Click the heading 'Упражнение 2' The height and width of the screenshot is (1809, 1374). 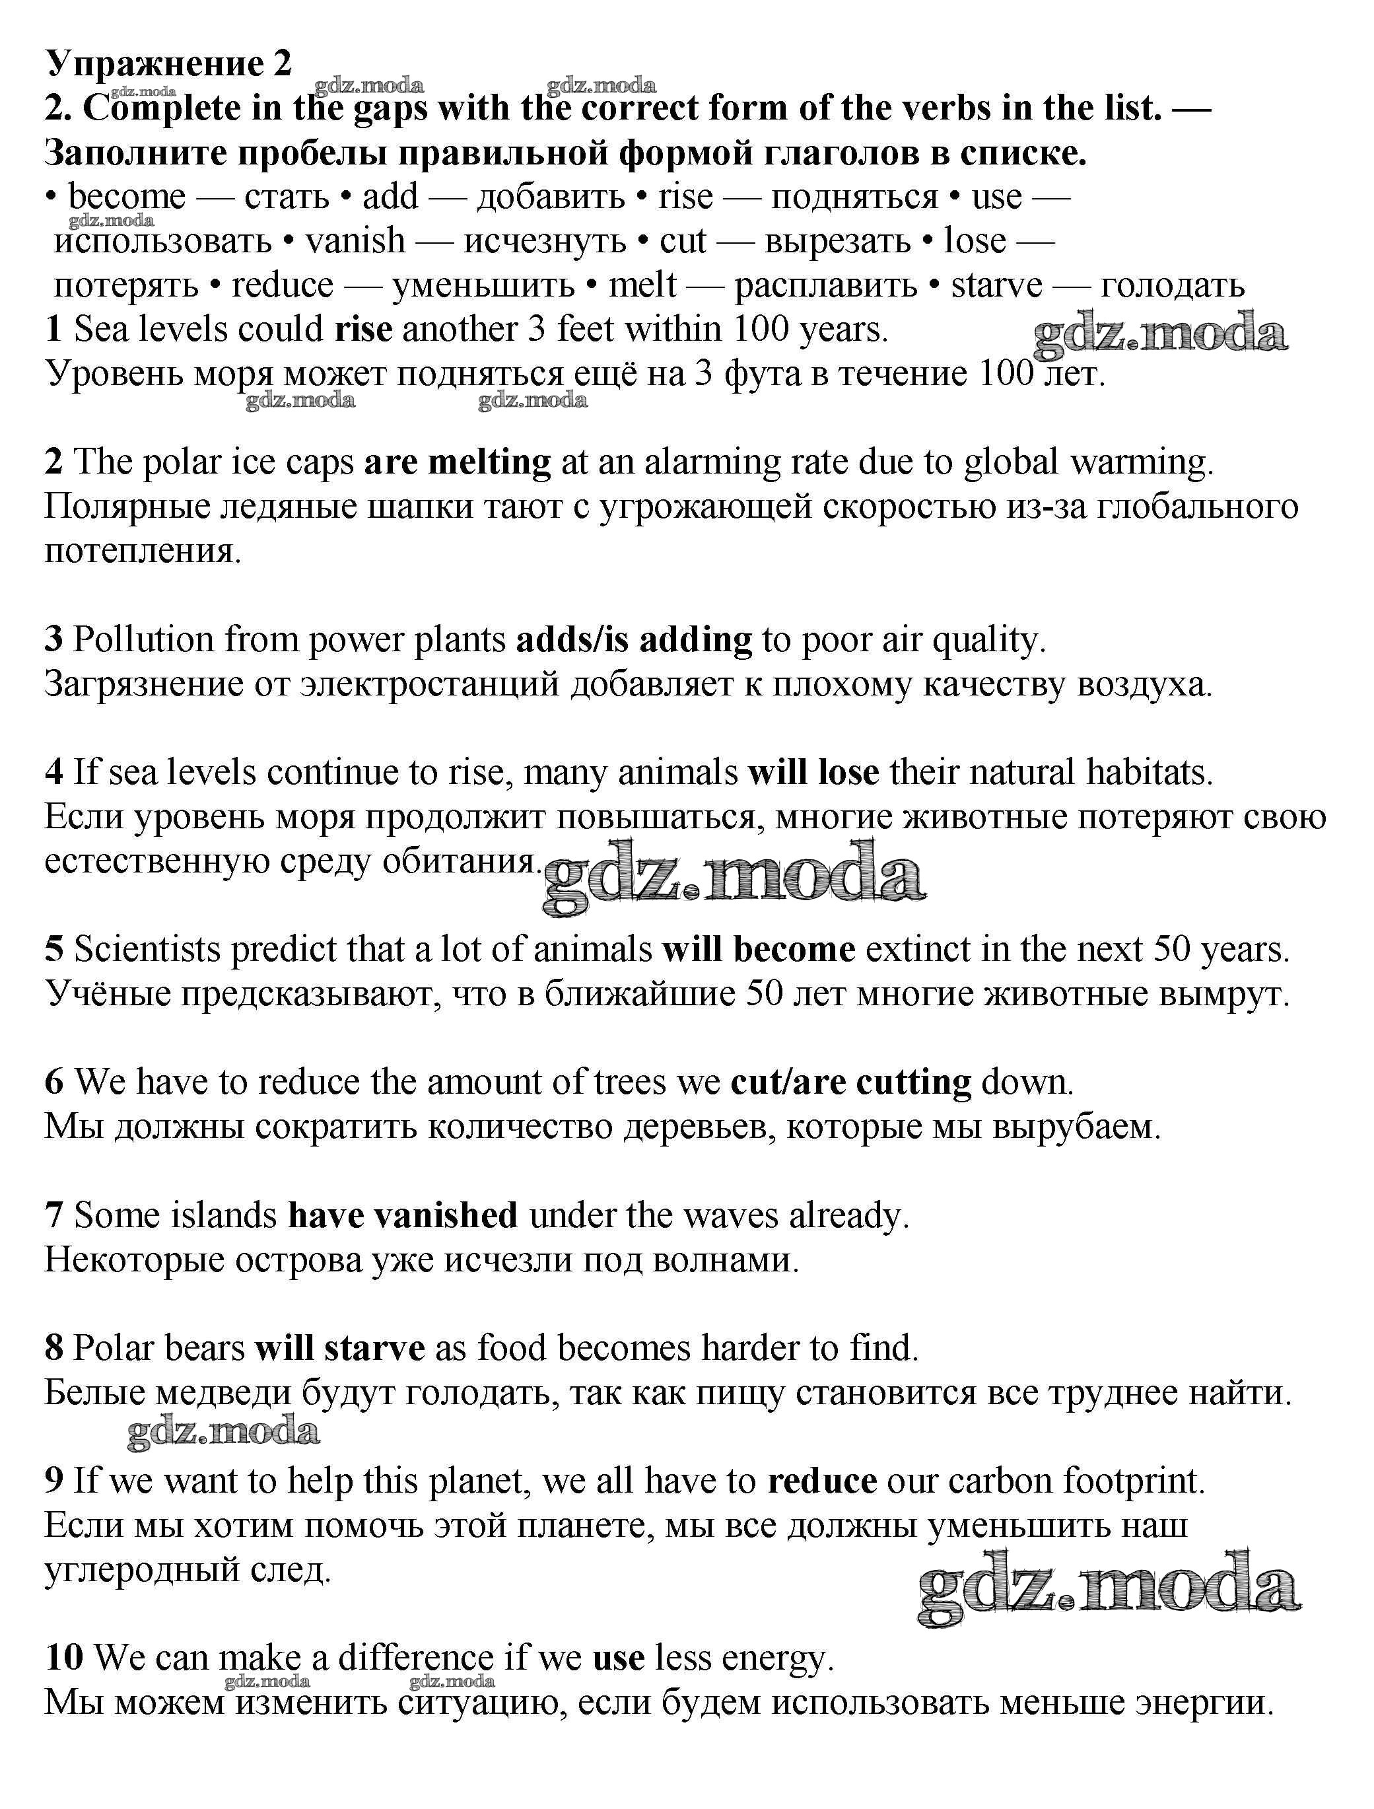(x=168, y=63)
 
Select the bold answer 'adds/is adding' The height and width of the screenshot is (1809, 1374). (x=634, y=640)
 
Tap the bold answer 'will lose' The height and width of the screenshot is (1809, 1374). (x=813, y=772)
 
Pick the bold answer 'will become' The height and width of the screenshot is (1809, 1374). (x=759, y=950)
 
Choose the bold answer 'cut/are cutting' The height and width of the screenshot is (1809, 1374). (x=850, y=1082)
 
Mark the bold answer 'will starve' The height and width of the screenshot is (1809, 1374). (x=339, y=1349)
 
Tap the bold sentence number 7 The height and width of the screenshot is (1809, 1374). (x=54, y=1216)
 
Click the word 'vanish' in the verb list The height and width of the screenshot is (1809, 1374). (x=355, y=241)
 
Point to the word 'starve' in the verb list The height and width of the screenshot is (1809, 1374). (x=996, y=285)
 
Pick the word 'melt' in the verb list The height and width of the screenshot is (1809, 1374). (x=642, y=285)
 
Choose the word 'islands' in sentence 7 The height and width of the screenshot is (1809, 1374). (x=224, y=1216)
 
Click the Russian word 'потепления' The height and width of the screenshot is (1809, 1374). (x=143, y=552)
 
